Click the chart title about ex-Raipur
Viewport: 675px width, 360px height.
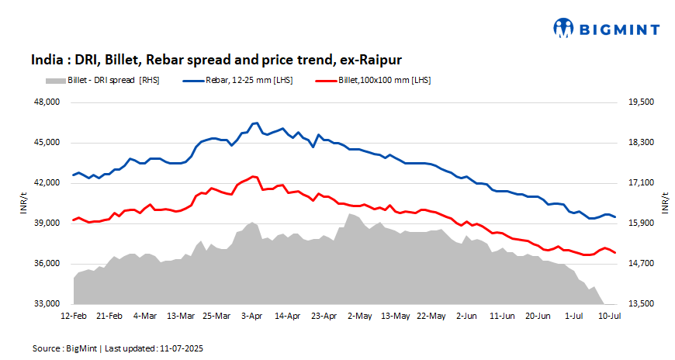pyautogui.click(x=216, y=60)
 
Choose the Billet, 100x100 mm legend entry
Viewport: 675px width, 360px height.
pyautogui.click(x=372, y=80)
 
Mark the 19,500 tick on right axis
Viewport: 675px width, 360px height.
pyautogui.click(x=640, y=102)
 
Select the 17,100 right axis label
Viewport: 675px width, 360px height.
pyautogui.click(x=640, y=183)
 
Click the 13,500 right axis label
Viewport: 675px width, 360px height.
pyautogui.click(x=640, y=304)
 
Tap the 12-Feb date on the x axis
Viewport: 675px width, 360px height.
pyautogui.click(x=74, y=317)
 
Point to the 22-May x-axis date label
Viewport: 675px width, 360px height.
pyautogui.click(x=431, y=317)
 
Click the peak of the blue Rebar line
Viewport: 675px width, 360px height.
pyautogui.click(x=256, y=123)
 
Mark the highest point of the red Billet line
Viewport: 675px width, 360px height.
pyautogui.click(x=254, y=176)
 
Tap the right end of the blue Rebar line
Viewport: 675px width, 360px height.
pyautogui.click(x=615, y=216)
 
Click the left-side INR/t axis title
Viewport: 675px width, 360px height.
pyautogui.click(x=23, y=203)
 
